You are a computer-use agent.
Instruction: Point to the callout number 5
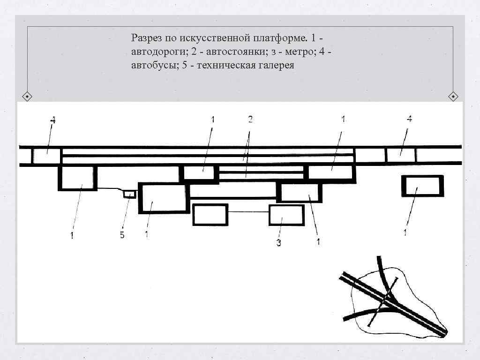click(x=122, y=235)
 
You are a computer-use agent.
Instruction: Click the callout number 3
click(x=278, y=243)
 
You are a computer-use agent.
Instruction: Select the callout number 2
click(x=250, y=120)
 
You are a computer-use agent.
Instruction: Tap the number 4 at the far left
click(x=52, y=120)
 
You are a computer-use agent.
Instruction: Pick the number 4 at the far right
click(x=409, y=119)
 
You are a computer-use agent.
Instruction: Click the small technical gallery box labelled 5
click(x=129, y=194)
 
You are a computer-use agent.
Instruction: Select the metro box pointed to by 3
click(x=286, y=215)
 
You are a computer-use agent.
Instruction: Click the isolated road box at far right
click(x=422, y=186)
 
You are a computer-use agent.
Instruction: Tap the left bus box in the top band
click(x=47, y=156)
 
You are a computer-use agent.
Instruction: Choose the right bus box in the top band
click(x=401, y=155)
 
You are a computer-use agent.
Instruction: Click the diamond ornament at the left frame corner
click(x=28, y=97)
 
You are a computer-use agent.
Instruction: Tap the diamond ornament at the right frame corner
click(x=453, y=97)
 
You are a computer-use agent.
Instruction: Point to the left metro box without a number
click(x=210, y=215)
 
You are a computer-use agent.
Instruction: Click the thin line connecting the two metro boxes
click(x=248, y=213)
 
